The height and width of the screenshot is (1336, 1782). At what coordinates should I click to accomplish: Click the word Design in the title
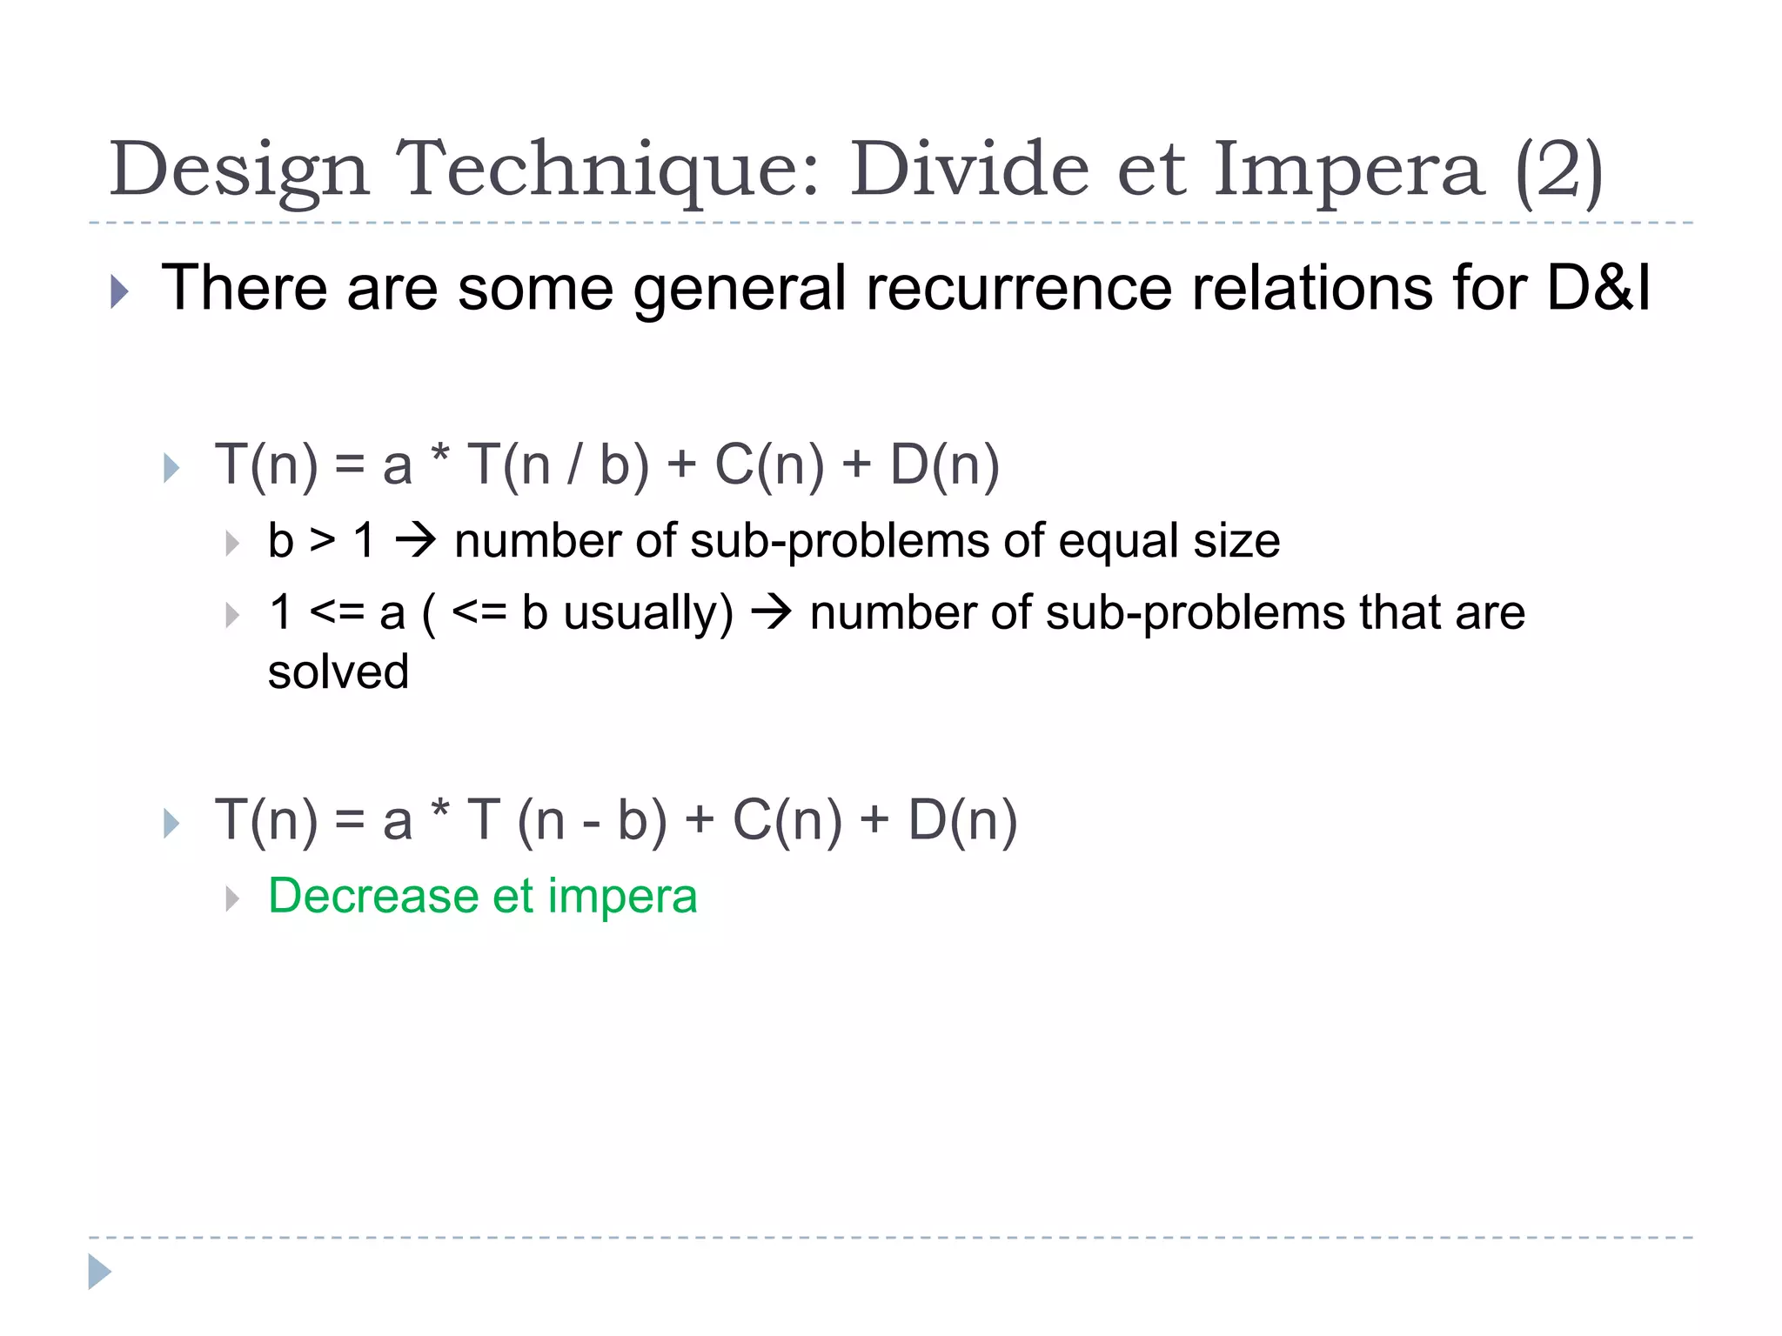point(239,170)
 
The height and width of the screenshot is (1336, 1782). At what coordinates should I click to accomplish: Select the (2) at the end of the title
point(1558,170)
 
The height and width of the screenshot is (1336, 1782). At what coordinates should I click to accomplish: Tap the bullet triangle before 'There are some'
point(120,291)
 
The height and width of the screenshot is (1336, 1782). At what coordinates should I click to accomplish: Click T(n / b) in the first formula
point(558,464)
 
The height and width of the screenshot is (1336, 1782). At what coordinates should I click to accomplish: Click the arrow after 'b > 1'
point(415,541)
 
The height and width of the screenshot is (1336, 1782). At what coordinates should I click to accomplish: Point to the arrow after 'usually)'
point(771,612)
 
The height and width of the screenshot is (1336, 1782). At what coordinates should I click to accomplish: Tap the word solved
point(338,672)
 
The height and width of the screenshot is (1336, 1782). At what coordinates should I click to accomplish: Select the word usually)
point(648,612)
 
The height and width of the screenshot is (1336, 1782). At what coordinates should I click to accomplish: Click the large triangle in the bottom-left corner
point(99,1272)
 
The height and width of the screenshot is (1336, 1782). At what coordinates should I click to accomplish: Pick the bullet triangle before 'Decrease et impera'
point(231,898)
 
